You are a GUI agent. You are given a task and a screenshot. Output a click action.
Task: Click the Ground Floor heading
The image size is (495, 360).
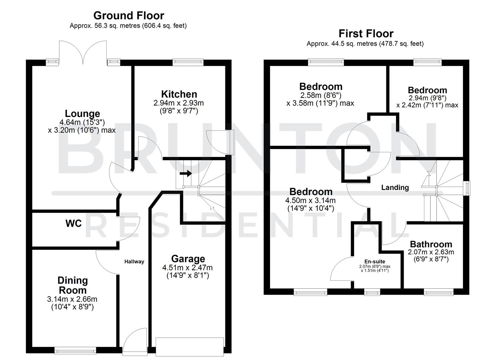pos(129,16)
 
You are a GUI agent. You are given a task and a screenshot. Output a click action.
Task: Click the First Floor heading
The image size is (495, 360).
pos(366,34)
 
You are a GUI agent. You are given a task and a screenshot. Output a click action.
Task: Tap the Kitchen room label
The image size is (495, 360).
pos(179,94)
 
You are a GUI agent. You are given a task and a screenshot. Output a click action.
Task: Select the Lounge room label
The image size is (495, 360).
pos(82,114)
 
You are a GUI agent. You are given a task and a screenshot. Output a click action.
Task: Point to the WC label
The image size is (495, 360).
pos(74,223)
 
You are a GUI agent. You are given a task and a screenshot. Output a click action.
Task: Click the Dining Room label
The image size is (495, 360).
pos(73,285)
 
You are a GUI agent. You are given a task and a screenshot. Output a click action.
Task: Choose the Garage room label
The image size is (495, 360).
pos(188,259)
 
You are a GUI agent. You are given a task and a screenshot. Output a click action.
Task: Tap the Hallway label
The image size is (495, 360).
pos(134,262)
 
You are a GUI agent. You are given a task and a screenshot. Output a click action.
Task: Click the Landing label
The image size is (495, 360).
pos(395,188)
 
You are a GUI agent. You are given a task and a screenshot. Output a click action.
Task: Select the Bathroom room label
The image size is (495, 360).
pos(431,244)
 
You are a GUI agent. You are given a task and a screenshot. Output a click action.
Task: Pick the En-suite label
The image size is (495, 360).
pos(375,262)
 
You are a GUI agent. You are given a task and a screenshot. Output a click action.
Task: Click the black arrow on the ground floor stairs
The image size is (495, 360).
pos(186,173)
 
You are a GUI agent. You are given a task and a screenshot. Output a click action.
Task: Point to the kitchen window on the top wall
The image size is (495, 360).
pos(188,61)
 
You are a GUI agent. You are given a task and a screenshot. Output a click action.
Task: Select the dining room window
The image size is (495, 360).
pos(75,350)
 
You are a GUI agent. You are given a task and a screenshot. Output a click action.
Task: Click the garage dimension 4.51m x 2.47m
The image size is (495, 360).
pos(187,268)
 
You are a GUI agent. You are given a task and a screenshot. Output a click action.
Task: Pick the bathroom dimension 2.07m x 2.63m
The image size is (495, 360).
pos(431,252)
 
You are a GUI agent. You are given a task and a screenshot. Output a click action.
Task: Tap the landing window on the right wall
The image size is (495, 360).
pos(468,188)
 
